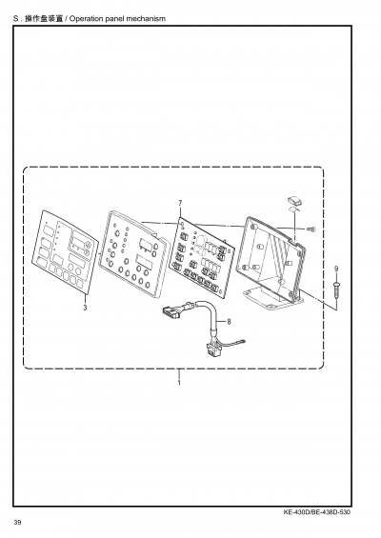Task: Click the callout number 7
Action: pyautogui.click(x=180, y=203)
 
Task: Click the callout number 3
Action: pyautogui.click(x=85, y=308)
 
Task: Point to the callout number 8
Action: pyautogui.click(x=229, y=322)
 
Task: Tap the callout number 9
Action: pyautogui.click(x=336, y=269)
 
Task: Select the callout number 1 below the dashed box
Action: pyautogui.click(x=179, y=383)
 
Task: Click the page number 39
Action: pyautogui.click(x=17, y=523)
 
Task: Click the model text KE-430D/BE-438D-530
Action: pyautogui.click(x=317, y=512)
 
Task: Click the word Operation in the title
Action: pyautogui.click(x=86, y=18)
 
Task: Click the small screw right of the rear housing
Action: pyautogui.click(x=311, y=229)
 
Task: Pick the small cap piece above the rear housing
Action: pyautogui.click(x=294, y=200)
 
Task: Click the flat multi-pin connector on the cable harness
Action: pyautogui.click(x=172, y=311)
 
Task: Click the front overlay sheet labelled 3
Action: pyautogui.click(x=65, y=251)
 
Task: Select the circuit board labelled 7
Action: pyautogui.click(x=202, y=257)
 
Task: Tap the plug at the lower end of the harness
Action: pyautogui.click(x=212, y=350)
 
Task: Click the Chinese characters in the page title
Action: pyautogui.click(x=44, y=18)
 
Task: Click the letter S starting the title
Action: pyautogui.click(x=15, y=18)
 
